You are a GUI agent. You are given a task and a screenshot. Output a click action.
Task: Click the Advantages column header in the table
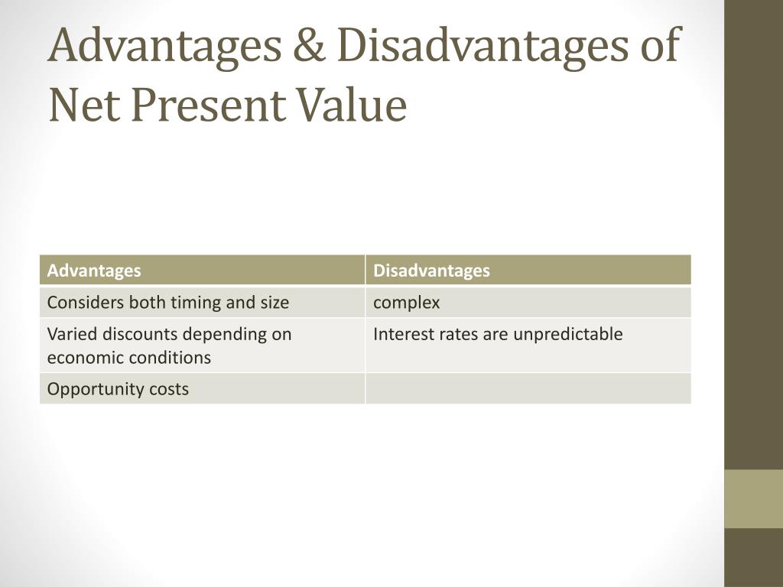pyautogui.click(x=94, y=271)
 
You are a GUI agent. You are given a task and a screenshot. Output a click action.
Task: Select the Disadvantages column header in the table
pyautogui.click(x=431, y=271)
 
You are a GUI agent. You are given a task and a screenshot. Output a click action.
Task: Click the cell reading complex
pyautogui.click(x=407, y=303)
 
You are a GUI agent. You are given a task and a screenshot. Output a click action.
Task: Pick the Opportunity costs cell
pyautogui.click(x=118, y=389)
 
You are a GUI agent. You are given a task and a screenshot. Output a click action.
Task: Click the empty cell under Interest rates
pyautogui.click(x=528, y=388)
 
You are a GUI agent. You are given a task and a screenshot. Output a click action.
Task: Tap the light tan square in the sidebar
pyautogui.click(x=753, y=498)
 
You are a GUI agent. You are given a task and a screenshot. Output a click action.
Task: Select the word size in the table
pyautogui.click(x=275, y=303)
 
